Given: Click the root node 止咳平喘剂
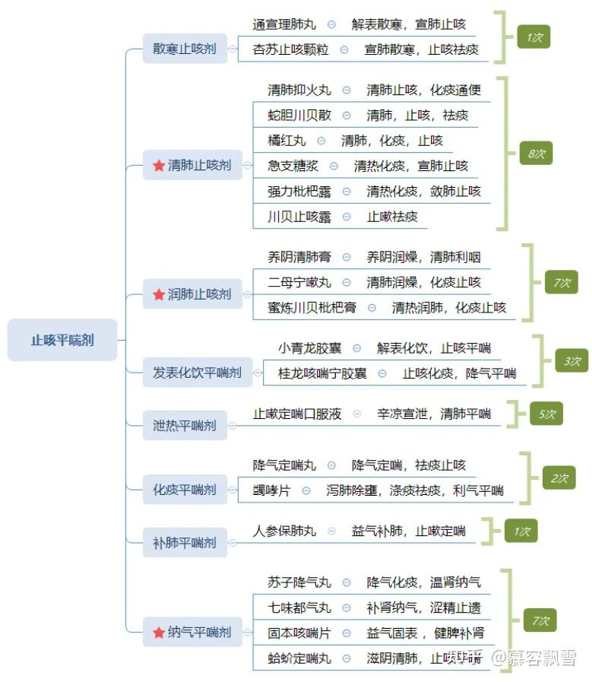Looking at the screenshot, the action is point(62,340).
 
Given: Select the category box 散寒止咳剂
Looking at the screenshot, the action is point(185,49).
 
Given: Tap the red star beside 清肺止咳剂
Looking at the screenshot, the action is point(158,165).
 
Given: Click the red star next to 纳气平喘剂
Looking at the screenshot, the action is point(158,632).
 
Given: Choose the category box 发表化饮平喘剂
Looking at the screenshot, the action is point(197,373).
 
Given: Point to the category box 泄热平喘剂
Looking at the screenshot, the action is point(185,425).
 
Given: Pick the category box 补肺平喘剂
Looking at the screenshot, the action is point(185,543).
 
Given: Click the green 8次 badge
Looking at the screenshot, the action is point(537,154).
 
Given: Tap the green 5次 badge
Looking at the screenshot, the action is point(547,414).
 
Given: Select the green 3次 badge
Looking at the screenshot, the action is point(571,362).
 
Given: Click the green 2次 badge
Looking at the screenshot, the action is point(559,478).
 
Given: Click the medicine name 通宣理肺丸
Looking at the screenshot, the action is point(284,24).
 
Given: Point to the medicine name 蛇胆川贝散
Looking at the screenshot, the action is point(299,116).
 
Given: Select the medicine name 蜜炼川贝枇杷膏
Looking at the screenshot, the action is point(312,308).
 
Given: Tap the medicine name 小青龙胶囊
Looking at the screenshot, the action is point(309,348).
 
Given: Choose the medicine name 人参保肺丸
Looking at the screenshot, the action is point(284,531).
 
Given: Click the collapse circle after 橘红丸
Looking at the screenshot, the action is point(321,141).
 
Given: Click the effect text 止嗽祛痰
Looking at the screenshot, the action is point(392,217).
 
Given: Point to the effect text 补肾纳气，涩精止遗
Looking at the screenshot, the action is point(423,607).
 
